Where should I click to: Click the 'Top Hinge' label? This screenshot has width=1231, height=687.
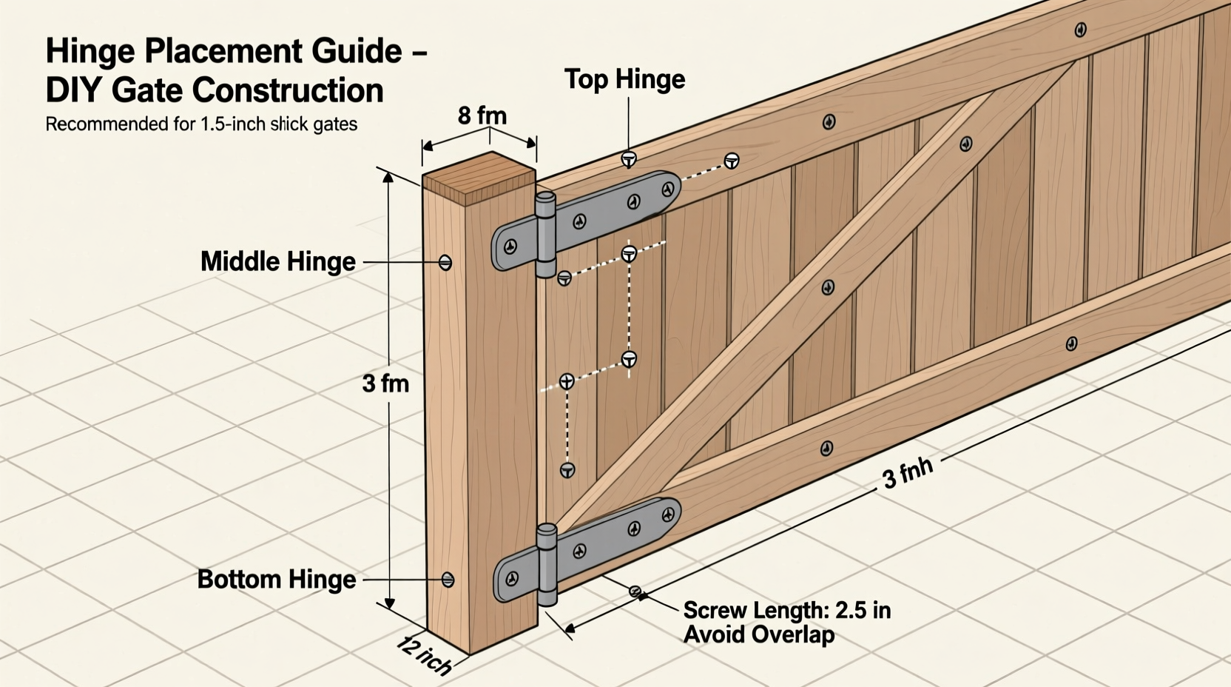coord(624,79)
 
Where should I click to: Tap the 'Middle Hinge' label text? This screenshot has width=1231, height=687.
coord(277,261)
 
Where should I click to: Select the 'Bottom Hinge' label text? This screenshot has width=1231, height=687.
coord(276,579)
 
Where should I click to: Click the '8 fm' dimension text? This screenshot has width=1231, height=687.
coord(482,116)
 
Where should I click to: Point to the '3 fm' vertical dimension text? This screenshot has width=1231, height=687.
coord(385,383)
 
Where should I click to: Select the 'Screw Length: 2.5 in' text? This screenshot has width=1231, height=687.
coord(786,611)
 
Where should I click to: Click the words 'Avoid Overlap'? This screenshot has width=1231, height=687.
coord(758,634)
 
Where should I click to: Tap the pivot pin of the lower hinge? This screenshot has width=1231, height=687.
coord(547,564)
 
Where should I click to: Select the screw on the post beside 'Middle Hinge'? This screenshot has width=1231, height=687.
coord(445,262)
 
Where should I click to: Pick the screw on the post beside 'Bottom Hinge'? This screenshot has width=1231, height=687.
coord(448,580)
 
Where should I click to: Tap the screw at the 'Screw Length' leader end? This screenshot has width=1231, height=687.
coord(635,591)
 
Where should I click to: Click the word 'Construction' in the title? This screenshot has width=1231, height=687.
coord(288,91)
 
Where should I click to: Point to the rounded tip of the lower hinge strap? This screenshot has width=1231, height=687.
coord(671,512)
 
